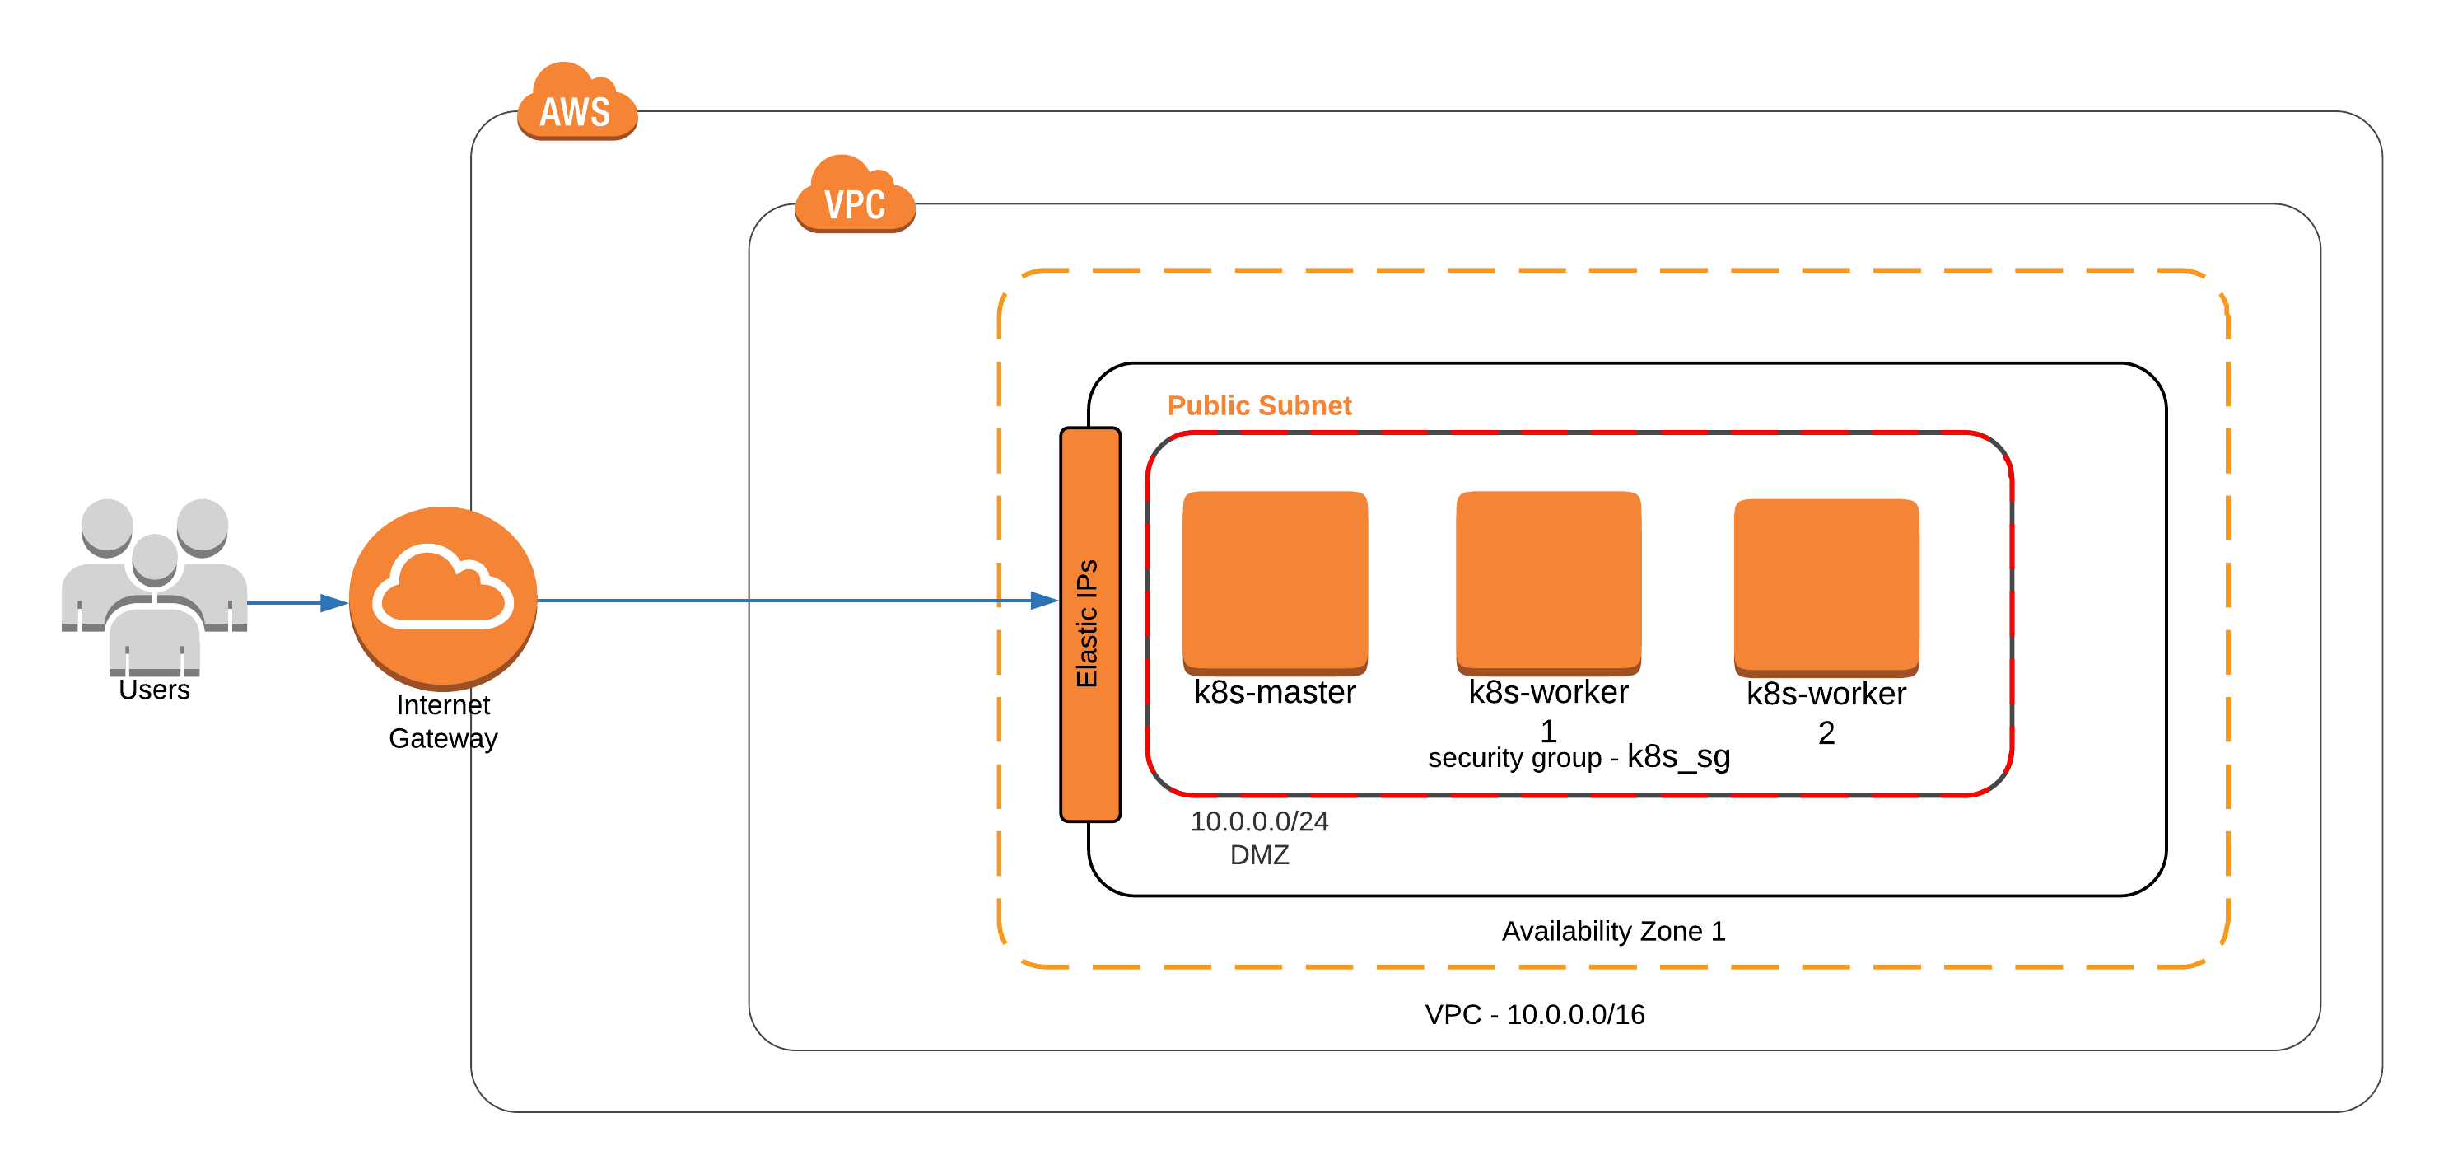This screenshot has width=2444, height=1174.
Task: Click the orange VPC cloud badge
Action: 854,195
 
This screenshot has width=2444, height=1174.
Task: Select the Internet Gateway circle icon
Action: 443,597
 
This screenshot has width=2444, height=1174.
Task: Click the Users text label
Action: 154,690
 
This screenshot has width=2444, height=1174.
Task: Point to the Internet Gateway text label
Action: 443,722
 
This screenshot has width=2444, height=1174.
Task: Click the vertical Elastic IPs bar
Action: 1089,624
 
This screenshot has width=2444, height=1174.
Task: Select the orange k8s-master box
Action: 1274,580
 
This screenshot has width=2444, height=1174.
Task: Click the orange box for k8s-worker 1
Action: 1547,580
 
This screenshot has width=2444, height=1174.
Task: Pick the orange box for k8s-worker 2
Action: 1826,585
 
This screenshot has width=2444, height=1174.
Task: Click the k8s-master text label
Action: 1274,692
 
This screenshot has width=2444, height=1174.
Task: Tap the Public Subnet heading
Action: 1258,405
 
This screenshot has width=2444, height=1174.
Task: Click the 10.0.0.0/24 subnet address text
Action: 1258,821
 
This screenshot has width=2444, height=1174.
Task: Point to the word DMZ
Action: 1258,855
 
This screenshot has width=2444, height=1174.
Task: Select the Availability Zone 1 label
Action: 1612,931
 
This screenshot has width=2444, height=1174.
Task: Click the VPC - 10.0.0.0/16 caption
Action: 1534,1014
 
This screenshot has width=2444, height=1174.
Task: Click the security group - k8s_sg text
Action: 1578,757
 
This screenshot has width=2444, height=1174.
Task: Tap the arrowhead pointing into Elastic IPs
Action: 1043,600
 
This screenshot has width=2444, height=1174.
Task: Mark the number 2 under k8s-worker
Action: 1826,732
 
